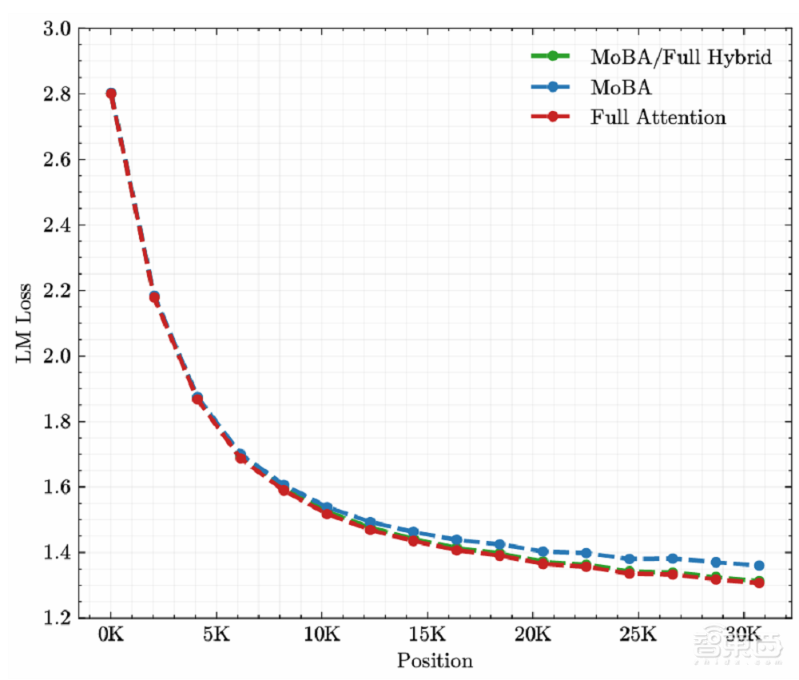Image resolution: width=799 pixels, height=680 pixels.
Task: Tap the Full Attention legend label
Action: [x=658, y=117]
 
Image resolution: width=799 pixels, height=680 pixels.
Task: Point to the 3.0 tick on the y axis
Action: [x=60, y=30]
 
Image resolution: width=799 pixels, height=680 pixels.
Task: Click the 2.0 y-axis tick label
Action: [x=60, y=356]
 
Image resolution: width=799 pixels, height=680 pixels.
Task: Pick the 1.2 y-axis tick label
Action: [x=60, y=618]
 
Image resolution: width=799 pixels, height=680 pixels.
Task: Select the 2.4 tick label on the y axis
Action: [x=60, y=225]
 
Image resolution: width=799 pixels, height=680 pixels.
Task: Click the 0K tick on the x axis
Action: [x=111, y=637]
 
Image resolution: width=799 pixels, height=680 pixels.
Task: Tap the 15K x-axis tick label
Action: [x=427, y=637]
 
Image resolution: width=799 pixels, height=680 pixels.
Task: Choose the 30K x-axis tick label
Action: [x=743, y=637]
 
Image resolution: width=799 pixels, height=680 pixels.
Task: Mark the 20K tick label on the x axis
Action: [x=532, y=637]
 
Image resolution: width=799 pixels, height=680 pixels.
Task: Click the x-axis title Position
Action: [x=435, y=661]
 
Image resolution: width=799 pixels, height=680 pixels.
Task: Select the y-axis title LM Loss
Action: [x=24, y=324]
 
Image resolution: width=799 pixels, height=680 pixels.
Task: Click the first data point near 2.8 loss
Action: [x=111, y=93]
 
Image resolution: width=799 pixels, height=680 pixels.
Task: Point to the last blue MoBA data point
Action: [x=758, y=565]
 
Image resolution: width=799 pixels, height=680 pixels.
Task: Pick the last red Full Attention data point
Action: [x=758, y=583]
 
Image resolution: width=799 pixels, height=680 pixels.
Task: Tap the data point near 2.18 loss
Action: [x=154, y=297]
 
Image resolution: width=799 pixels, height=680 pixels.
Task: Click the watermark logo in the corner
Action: [x=733, y=646]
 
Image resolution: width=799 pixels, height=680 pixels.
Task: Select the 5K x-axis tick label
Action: [x=217, y=637]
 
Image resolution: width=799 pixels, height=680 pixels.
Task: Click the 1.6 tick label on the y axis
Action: [x=60, y=487]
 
